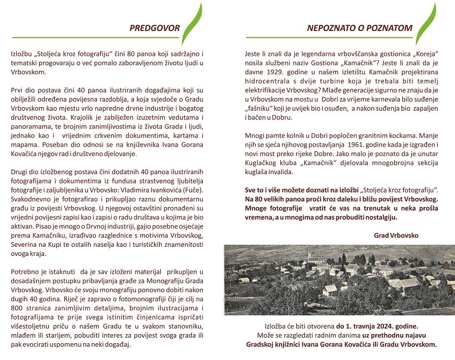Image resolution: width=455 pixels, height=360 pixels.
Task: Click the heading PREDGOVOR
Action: (x=155, y=28)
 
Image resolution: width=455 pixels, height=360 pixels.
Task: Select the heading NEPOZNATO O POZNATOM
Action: (x=360, y=28)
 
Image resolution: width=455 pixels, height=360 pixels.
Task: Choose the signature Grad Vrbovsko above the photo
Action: (x=396, y=236)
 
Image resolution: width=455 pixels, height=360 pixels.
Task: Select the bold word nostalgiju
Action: (x=380, y=217)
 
